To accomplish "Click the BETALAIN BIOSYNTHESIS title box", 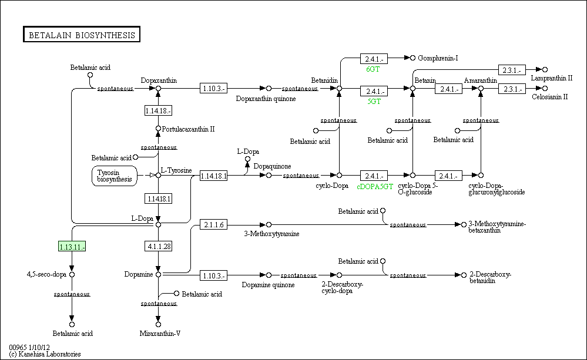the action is (82, 35).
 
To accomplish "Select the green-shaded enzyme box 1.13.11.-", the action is (72, 247).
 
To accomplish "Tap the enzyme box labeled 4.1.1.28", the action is (159, 246).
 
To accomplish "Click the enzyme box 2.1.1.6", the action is (213, 224).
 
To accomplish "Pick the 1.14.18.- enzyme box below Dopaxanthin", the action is (159, 110).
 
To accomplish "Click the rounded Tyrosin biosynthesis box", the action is (115, 176).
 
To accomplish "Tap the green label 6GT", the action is (373, 69).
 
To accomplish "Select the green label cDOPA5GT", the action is (375, 186).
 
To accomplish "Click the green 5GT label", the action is (374, 102).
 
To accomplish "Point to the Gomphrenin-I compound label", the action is (438, 58).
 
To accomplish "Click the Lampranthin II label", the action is (551, 78).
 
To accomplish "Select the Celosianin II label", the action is (549, 97).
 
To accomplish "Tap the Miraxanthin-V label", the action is (160, 334).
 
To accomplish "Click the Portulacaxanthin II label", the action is (188, 129).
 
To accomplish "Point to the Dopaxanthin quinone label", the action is (266, 99).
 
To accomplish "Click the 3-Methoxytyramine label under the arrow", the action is (271, 234).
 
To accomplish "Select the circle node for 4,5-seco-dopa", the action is (72, 274).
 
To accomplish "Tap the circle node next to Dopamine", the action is (159, 274).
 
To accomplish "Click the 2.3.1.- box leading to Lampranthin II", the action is (512, 70).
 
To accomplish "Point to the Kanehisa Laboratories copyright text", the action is (45, 354).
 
